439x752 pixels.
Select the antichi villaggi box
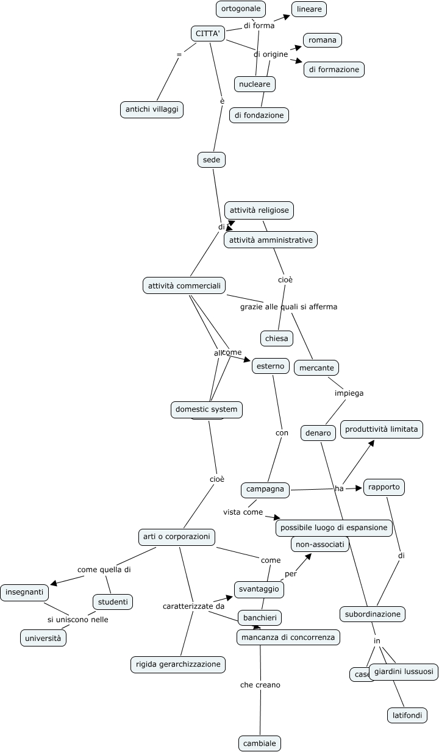(x=152, y=109)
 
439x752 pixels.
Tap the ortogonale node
(x=241, y=9)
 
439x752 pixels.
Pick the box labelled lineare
(x=309, y=9)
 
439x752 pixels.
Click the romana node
(x=322, y=40)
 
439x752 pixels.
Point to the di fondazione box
(x=259, y=115)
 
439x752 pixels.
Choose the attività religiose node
(x=259, y=210)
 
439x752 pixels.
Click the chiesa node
(x=276, y=338)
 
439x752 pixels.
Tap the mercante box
(x=316, y=368)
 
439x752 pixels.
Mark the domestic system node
(x=206, y=409)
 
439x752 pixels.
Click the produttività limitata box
(x=381, y=429)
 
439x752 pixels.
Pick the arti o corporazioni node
(x=176, y=537)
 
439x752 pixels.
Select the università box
(x=43, y=638)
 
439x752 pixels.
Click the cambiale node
(x=259, y=743)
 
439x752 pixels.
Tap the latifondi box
(x=407, y=715)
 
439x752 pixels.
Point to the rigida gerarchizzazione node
(x=178, y=664)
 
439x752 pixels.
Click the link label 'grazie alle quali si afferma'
(x=288, y=307)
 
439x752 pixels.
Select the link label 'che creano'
(x=260, y=685)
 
